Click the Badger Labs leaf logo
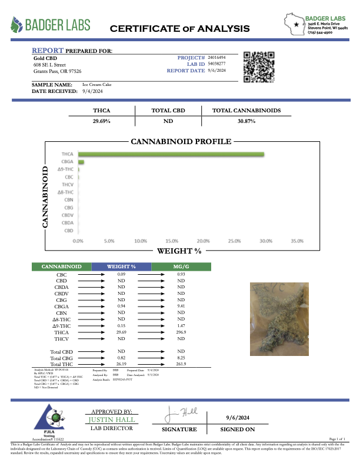tap(19, 25)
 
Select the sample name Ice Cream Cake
tap(96, 85)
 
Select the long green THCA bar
tap(171, 154)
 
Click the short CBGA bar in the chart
tap(81, 162)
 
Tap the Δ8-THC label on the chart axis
tap(65, 192)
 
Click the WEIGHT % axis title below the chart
tap(179, 251)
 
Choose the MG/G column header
tap(181, 267)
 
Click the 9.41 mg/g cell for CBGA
tap(181, 306)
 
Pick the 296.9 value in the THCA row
tap(181, 332)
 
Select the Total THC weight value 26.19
tap(121, 364)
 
